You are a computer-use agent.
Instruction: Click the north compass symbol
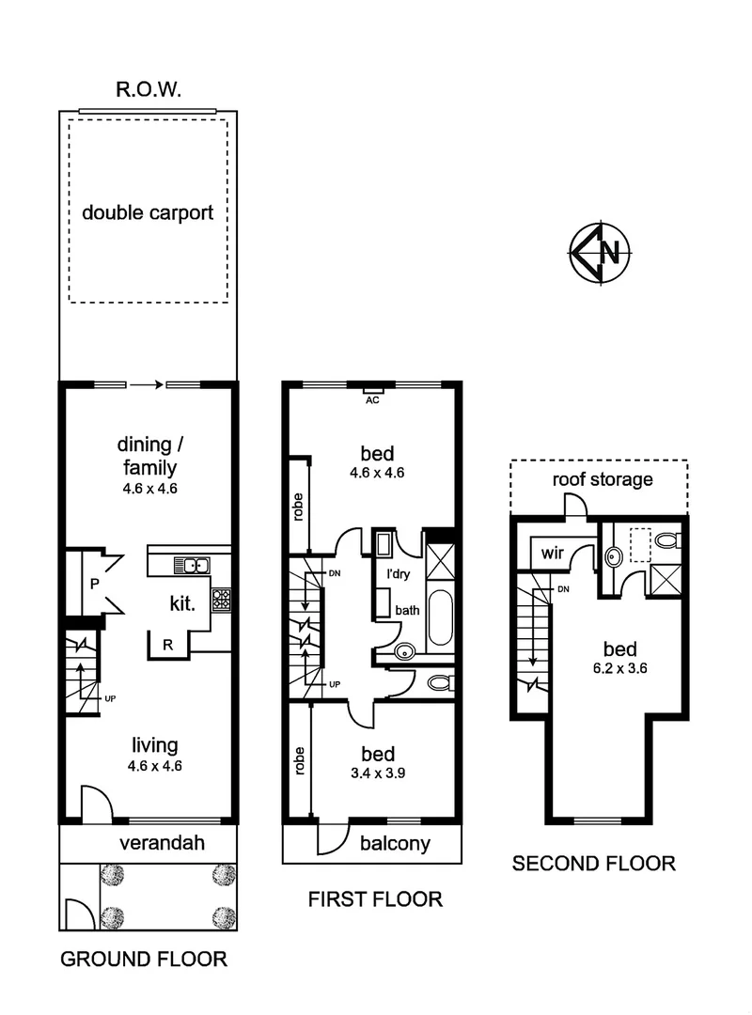pyautogui.click(x=601, y=252)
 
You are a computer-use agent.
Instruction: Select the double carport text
pyautogui.click(x=148, y=212)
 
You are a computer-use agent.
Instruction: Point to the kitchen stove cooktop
pyautogui.click(x=222, y=599)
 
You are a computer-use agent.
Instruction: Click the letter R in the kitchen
pyautogui.click(x=166, y=645)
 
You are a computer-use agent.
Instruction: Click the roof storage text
pyautogui.click(x=602, y=479)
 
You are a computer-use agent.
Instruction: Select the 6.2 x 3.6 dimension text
pyautogui.click(x=620, y=669)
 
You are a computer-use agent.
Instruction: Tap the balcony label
pyautogui.click(x=396, y=843)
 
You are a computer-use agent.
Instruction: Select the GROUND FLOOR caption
pyautogui.click(x=144, y=960)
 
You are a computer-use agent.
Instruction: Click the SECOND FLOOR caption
pyautogui.click(x=593, y=863)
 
